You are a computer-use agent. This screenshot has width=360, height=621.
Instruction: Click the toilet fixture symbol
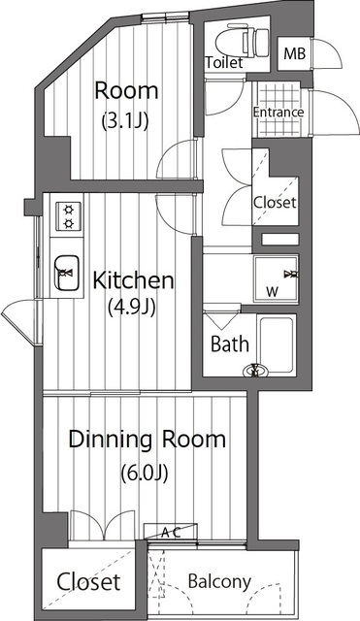click(x=243, y=40)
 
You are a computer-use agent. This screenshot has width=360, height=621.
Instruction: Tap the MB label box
click(x=295, y=53)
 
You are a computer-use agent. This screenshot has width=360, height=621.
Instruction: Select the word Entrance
click(x=278, y=113)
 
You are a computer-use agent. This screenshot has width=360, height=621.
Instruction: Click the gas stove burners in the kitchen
click(x=69, y=216)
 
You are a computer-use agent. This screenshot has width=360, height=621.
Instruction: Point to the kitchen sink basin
click(x=67, y=273)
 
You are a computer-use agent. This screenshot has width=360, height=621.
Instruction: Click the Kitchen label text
click(x=133, y=280)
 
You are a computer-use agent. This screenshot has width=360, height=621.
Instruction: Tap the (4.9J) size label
click(x=132, y=307)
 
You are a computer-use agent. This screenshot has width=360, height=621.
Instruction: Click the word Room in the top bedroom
click(x=126, y=91)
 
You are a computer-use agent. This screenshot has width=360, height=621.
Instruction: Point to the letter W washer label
click(x=272, y=292)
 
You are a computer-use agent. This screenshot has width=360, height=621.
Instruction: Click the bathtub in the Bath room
click(x=278, y=343)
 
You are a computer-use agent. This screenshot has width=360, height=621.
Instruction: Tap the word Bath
click(x=230, y=343)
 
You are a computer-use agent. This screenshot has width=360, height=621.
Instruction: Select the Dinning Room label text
click(x=147, y=440)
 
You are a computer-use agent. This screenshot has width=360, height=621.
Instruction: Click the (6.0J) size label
click(x=145, y=473)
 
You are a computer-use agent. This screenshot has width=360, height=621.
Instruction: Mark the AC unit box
click(x=171, y=532)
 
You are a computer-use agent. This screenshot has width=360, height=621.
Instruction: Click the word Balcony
click(x=219, y=582)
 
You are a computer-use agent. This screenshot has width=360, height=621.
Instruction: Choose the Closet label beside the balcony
click(x=88, y=582)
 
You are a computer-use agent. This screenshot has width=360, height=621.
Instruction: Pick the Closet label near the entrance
click(x=275, y=203)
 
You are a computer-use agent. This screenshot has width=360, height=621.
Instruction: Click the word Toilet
click(x=224, y=62)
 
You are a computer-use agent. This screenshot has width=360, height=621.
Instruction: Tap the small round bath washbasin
click(x=255, y=372)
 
